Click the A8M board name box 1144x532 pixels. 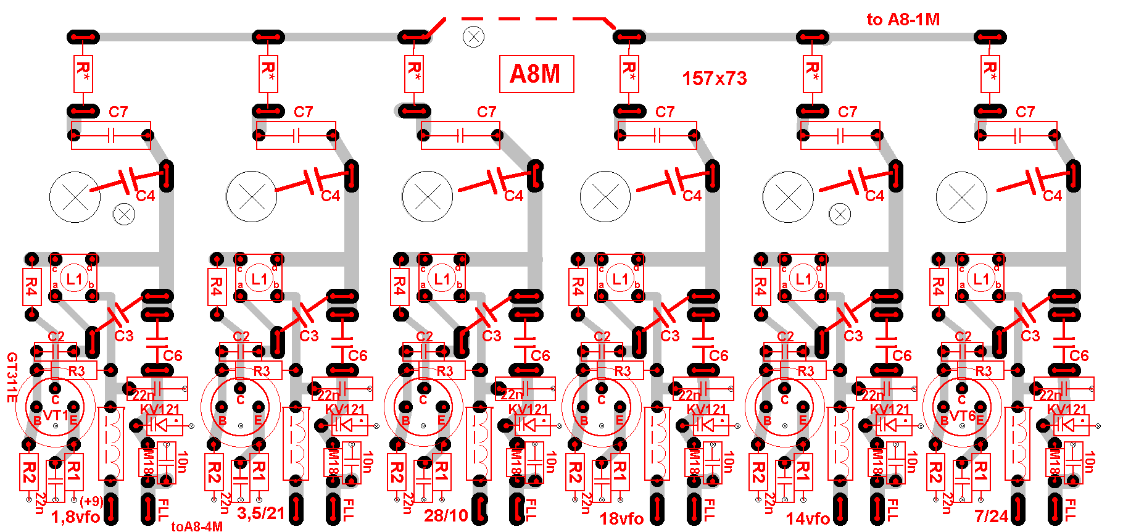pos(536,74)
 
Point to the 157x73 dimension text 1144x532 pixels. pos(714,78)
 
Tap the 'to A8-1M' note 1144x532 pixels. pos(903,20)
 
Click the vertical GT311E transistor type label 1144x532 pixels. pos(11,378)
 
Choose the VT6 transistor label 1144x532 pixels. pos(963,416)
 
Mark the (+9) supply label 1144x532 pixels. pos(91,501)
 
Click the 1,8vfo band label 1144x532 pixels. pos(75,517)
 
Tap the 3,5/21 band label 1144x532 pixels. pos(261,513)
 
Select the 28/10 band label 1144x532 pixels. pos(446,515)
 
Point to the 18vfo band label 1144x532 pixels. pos(621,518)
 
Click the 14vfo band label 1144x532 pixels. pos(807,518)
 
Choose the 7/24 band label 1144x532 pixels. pos(991,515)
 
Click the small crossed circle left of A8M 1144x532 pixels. pos(473,37)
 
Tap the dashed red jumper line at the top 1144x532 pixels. pos(524,19)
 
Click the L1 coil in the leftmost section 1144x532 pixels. pos(74,279)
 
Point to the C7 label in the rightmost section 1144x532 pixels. pos(1025,112)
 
